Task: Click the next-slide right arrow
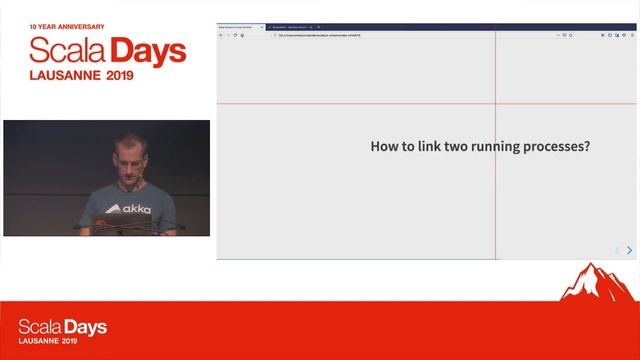coord(629,250)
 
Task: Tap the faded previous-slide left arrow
coord(617,250)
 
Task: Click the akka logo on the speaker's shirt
coord(128,209)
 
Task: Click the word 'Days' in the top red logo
coord(148,51)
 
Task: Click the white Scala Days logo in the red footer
coord(62,330)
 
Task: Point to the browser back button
coord(221,35)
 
